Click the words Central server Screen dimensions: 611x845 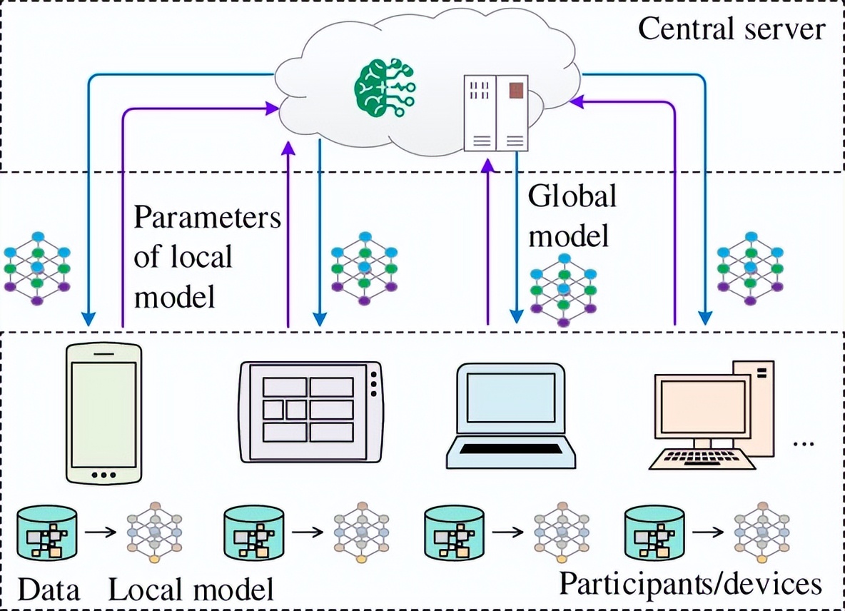pos(731,30)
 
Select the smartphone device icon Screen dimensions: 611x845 pos(103,413)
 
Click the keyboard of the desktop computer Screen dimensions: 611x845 pos(702,458)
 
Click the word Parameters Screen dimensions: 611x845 pos(207,218)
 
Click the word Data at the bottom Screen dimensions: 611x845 pos(49,590)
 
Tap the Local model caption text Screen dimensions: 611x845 pos(191,590)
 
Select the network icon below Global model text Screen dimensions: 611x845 pos(564,289)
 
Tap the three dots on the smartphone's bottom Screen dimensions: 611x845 pos(103,475)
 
